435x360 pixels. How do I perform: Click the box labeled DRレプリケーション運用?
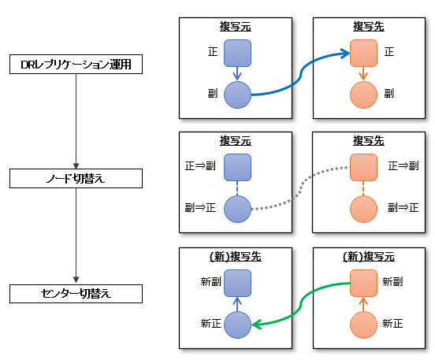click(x=76, y=64)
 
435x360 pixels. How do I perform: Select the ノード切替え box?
click(x=76, y=178)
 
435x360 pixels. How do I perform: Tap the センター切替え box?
click(x=76, y=294)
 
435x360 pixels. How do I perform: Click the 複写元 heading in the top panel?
click(x=236, y=27)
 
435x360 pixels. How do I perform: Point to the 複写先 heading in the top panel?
click(x=369, y=27)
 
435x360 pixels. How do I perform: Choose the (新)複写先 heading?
click(x=236, y=257)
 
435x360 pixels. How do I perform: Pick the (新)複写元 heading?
click(x=369, y=257)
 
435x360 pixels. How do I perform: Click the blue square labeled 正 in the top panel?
click(x=237, y=54)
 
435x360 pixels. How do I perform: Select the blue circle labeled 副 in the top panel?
click(x=237, y=95)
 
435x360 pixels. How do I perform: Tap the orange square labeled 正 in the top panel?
click(x=363, y=54)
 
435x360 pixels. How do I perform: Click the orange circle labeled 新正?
click(x=363, y=325)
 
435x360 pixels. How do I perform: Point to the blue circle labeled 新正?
click(x=237, y=325)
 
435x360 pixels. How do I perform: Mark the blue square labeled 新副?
click(x=237, y=283)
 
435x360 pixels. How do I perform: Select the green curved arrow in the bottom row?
click(x=301, y=304)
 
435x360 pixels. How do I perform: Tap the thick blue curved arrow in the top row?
click(x=301, y=74)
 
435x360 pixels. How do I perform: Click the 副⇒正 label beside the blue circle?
click(x=200, y=207)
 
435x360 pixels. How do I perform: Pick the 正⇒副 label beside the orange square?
click(x=403, y=166)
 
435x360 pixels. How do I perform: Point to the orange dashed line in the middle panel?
click(x=363, y=188)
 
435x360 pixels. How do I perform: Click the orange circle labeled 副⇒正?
click(x=363, y=209)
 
